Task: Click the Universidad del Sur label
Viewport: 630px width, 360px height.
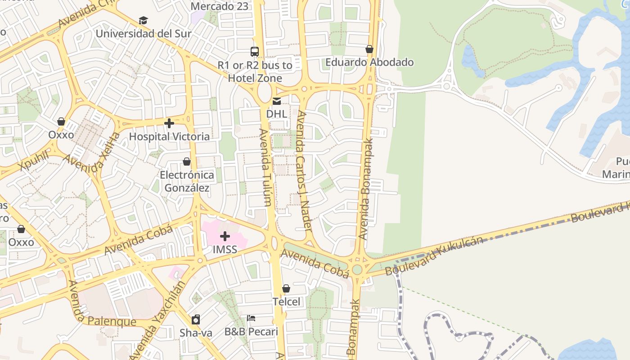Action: pyautogui.click(x=144, y=34)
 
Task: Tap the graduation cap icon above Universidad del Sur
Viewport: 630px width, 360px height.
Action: pyautogui.click(x=143, y=20)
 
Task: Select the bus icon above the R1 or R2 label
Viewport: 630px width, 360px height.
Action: pyautogui.click(x=255, y=52)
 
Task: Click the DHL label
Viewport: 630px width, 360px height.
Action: pyautogui.click(x=276, y=114)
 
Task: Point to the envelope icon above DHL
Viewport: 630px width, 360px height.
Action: pyautogui.click(x=277, y=101)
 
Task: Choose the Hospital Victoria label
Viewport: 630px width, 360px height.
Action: pyautogui.click(x=169, y=136)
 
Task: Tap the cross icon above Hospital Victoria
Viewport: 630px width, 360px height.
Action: pyautogui.click(x=169, y=123)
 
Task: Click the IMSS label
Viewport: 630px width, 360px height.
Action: pyautogui.click(x=225, y=249)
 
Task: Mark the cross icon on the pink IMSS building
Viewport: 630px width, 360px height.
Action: pyautogui.click(x=225, y=236)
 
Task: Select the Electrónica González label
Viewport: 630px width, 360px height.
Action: pyautogui.click(x=187, y=181)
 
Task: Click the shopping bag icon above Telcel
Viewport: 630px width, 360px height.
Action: pyautogui.click(x=286, y=288)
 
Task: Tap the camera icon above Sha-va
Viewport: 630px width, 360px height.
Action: pyautogui.click(x=196, y=319)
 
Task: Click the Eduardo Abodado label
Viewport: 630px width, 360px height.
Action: pyautogui.click(x=369, y=62)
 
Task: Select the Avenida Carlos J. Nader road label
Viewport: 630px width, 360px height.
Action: pyautogui.click(x=302, y=171)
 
